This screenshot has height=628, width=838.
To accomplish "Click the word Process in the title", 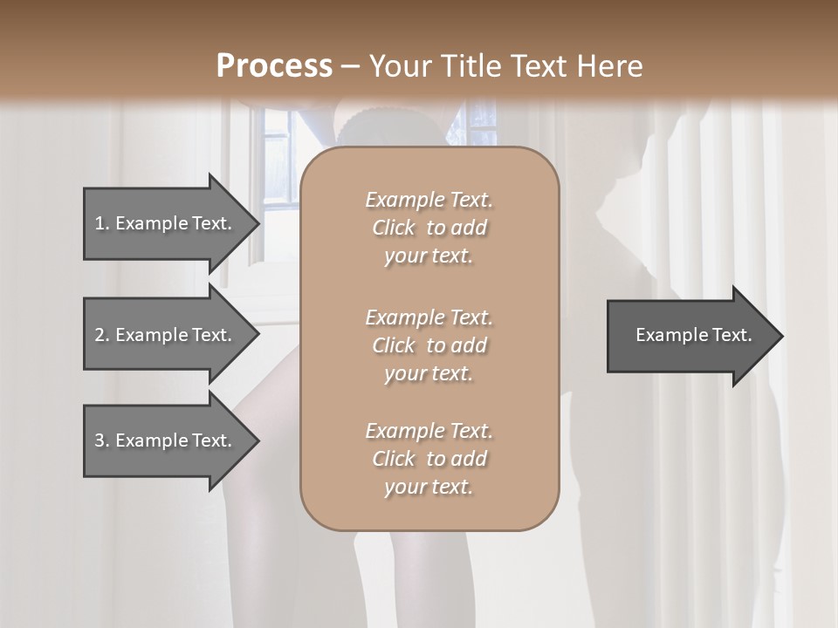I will [274, 66].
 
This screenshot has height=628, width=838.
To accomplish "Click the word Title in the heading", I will [470, 66].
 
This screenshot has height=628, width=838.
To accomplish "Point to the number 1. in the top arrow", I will [101, 223].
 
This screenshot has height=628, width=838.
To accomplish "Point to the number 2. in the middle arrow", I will [101, 335].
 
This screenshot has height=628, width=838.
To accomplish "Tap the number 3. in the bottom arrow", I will [101, 440].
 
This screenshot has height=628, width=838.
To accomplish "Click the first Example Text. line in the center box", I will [429, 200].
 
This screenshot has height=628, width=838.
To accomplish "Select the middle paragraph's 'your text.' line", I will [429, 373].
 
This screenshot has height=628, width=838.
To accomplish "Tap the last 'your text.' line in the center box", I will [429, 488].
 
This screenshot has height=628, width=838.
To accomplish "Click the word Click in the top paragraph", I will [394, 229].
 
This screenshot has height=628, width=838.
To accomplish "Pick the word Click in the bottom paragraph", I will [394, 459].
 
